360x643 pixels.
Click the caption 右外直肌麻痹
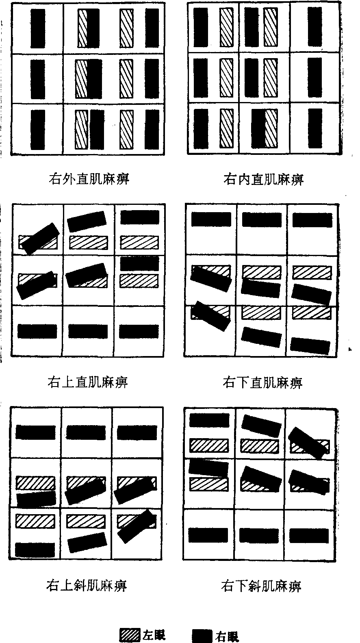point(89,179)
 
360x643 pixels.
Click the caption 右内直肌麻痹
point(263,179)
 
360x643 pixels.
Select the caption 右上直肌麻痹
point(88,382)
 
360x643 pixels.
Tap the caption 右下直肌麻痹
point(262,382)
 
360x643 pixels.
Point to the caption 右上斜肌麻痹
point(87,585)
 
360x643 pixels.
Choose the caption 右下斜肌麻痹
point(261,586)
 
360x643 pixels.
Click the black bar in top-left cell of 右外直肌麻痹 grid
point(38,28)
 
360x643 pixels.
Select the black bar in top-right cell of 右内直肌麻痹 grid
point(314,27)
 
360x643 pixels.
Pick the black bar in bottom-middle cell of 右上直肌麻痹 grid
point(88,331)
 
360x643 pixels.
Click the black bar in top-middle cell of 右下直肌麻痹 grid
point(262,219)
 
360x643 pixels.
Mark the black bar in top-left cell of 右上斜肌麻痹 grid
point(36,432)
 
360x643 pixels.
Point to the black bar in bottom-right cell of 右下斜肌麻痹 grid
point(309,536)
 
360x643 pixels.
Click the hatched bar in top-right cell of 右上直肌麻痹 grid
point(139,242)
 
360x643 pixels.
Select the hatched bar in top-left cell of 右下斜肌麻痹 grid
point(209,445)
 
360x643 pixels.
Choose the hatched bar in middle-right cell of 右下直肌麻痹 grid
point(312,273)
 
